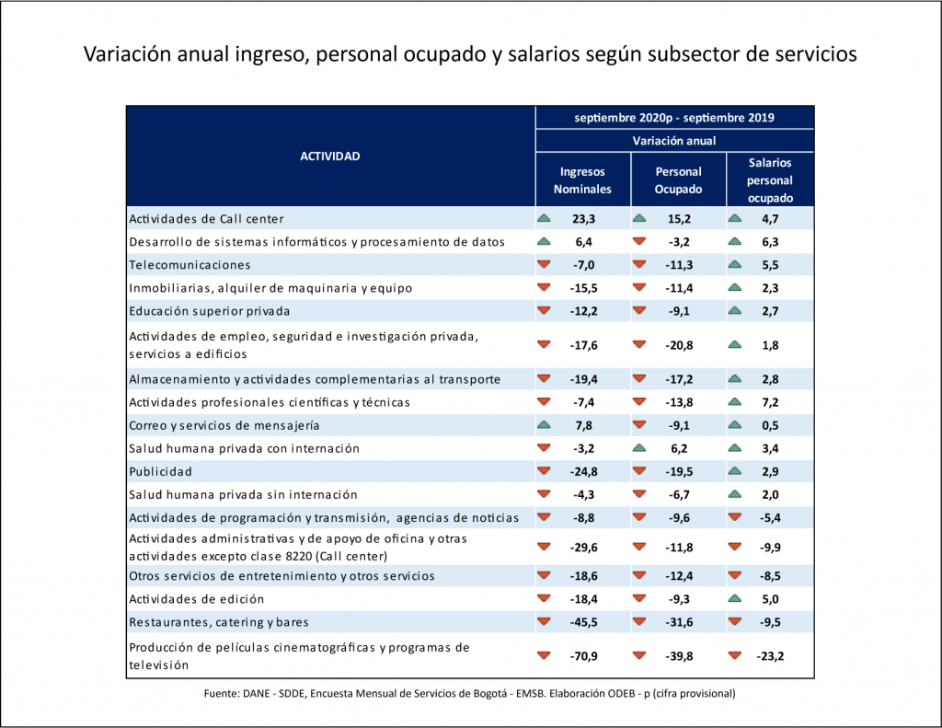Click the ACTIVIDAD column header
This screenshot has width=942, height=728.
330,156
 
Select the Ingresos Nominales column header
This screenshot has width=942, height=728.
582,180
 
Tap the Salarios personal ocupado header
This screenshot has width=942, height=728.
770,180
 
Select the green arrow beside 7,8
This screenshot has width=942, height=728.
544,425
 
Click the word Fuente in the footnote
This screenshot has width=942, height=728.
220,693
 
